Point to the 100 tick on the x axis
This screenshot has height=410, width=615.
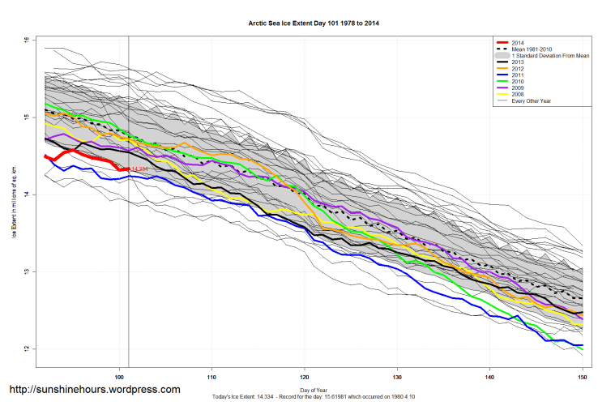click(x=120, y=377)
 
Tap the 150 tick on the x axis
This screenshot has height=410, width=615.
click(x=582, y=377)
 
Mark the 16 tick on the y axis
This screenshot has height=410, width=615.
click(x=26, y=40)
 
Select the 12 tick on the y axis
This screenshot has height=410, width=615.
click(x=26, y=349)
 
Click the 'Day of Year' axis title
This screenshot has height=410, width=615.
click(x=313, y=390)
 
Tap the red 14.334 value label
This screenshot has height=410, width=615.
click(x=139, y=169)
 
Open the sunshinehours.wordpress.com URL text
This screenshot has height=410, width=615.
click(x=94, y=390)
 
